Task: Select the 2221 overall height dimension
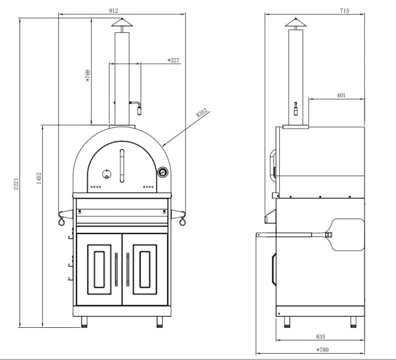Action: pos(17,185)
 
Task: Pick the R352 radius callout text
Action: pos(201,112)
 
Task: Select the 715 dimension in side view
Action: pos(344,10)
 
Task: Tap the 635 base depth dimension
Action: pos(320,336)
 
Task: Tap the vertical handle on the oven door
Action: pos(121,164)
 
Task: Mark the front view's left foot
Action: pos(84,321)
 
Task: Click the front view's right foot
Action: pos(159,321)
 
